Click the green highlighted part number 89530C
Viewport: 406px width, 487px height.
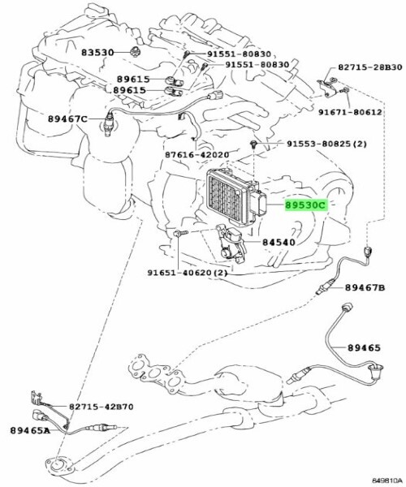point(304,206)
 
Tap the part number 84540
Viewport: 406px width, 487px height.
point(280,242)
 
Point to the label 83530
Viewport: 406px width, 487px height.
point(97,53)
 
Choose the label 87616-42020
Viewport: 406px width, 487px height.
point(197,154)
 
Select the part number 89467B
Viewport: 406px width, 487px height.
point(364,287)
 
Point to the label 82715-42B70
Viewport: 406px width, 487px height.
point(101,406)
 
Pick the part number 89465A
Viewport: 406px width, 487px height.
point(30,429)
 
